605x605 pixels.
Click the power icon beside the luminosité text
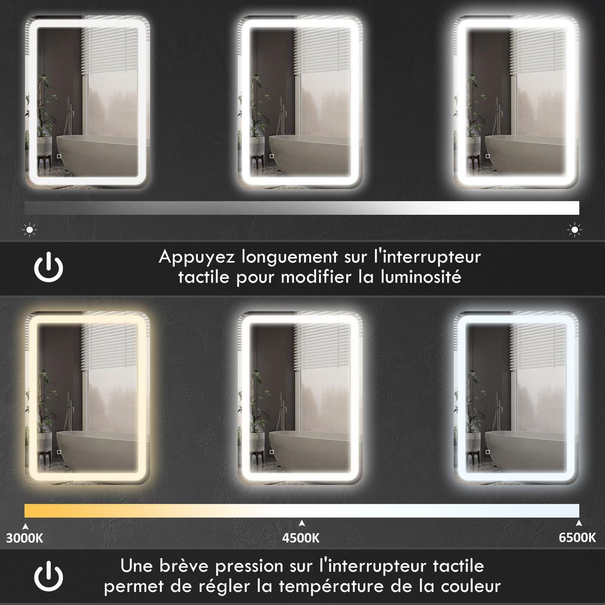pos(49,267)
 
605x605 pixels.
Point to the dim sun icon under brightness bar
pos(30,230)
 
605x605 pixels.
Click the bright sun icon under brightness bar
pos(574,230)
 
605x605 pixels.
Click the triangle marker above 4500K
pos(301,523)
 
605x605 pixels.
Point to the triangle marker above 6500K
pos(578,523)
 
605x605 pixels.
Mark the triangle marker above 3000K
pos(25,523)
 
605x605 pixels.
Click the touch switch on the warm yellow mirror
pos(58,452)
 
